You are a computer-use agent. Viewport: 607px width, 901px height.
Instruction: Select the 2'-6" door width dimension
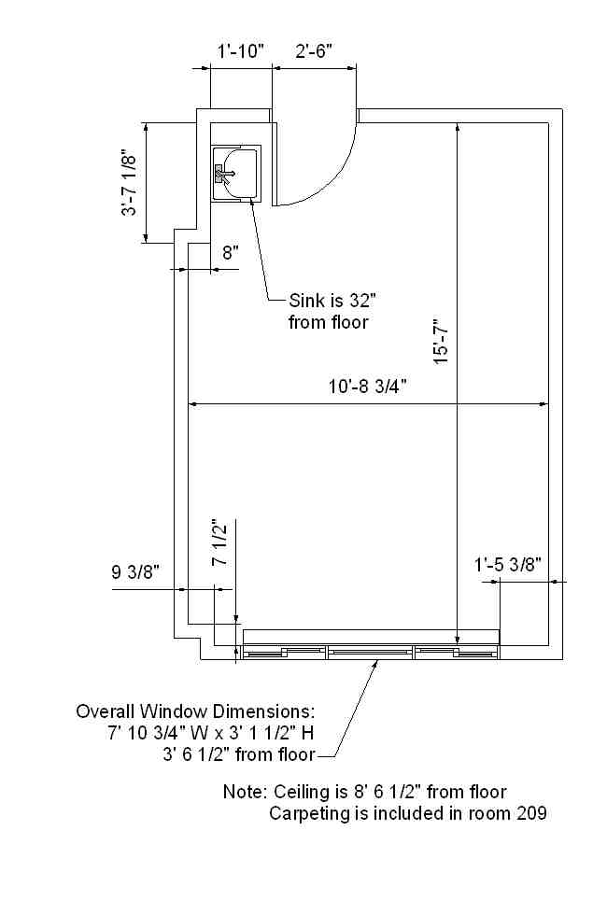click(315, 51)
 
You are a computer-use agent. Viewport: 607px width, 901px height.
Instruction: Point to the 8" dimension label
click(231, 252)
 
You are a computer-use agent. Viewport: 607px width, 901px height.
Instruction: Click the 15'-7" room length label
click(441, 341)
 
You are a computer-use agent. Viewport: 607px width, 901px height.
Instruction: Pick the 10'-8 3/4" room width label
click(368, 387)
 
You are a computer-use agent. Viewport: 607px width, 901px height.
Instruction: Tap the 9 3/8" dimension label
click(135, 571)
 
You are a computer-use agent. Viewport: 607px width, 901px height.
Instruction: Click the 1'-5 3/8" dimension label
click(508, 564)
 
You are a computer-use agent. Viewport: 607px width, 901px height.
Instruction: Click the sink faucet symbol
click(223, 173)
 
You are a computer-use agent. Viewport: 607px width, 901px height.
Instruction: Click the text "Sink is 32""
click(332, 300)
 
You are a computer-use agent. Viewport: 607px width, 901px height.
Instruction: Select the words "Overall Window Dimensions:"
click(195, 711)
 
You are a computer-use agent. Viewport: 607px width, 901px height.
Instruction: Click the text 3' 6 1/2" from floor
click(239, 753)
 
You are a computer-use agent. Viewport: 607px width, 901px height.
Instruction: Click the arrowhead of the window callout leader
click(376, 664)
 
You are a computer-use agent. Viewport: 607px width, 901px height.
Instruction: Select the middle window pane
click(370, 652)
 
